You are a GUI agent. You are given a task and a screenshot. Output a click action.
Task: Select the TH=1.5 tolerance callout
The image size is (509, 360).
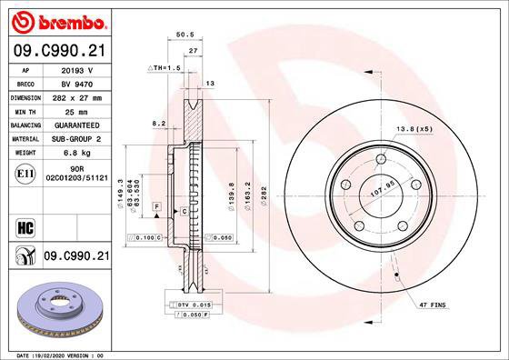[x=165, y=68]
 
